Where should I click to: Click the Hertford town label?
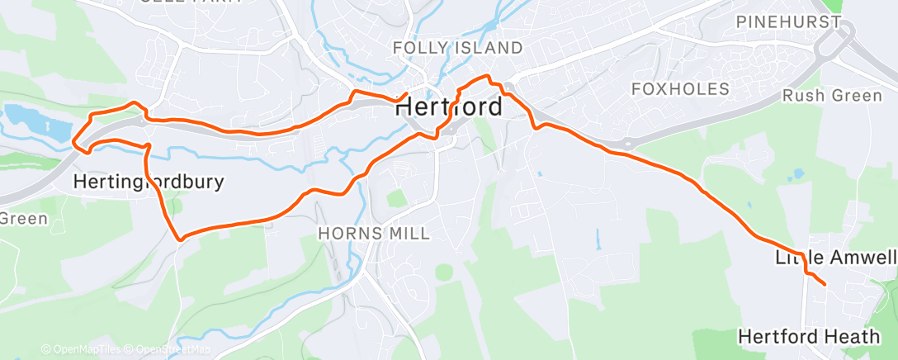click(x=448, y=107)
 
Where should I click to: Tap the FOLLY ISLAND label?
click(x=457, y=48)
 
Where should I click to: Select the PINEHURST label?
click(x=787, y=22)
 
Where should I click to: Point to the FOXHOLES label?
click(x=680, y=88)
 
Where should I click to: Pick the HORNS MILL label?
click(x=374, y=234)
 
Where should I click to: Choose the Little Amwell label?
click(x=835, y=258)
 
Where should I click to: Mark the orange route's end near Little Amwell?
click(x=824, y=285)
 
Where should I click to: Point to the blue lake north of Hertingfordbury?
click(x=37, y=122)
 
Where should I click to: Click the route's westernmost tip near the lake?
click(x=73, y=142)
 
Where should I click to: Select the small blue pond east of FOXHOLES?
click(x=796, y=175)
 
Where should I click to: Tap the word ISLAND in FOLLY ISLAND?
click(x=490, y=48)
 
